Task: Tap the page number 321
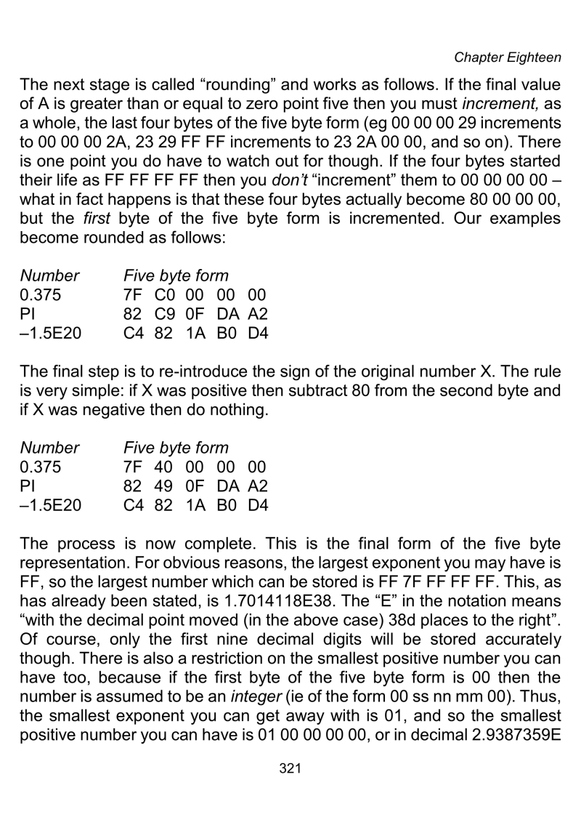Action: click(x=290, y=786)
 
